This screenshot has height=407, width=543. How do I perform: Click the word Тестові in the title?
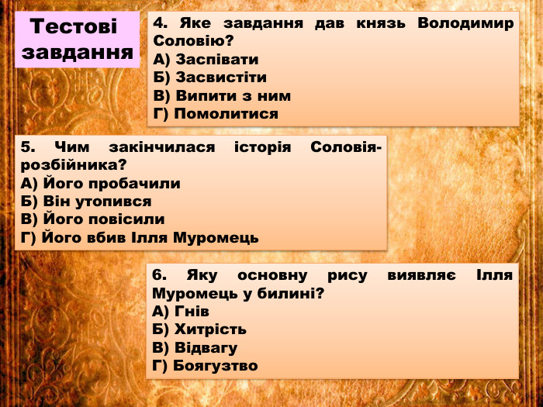coord(74,27)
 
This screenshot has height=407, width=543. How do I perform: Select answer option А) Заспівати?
coord(206,60)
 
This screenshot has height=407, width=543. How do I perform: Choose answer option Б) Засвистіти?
coord(210,78)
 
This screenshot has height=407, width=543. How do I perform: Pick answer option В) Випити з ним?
coord(222,96)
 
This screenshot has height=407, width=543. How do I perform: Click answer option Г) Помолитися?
coord(216,114)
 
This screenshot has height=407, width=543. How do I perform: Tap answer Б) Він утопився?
coord(86,202)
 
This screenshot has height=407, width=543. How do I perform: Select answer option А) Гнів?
coord(182,312)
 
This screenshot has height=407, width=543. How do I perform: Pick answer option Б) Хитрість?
coord(200,329)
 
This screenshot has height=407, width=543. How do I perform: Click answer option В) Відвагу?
coord(195,347)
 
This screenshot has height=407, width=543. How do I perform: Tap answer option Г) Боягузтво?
coord(206,365)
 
